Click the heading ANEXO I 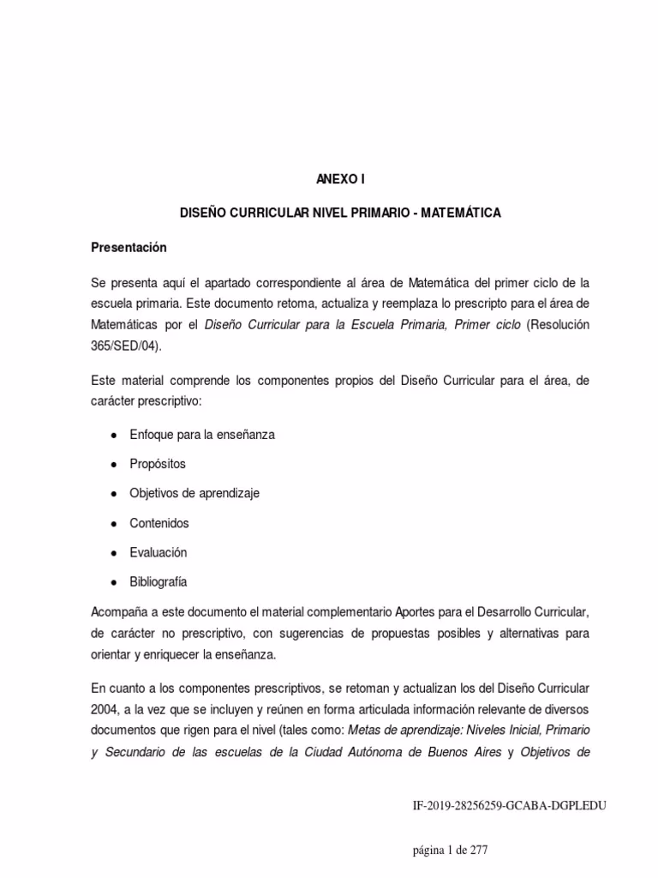click(x=329, y=180)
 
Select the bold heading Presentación click(x=129, y=248)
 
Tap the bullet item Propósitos click(x=158, y=464)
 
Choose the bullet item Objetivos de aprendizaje click(x=194, y=493)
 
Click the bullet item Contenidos click(x=159, y=523)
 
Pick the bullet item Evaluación click(x=158, y=552)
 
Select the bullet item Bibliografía click(x=159, y=581)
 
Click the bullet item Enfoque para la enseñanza click(x=202, y=435)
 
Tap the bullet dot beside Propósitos click(x=113, y=464)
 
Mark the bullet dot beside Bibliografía click(x=113, y=581)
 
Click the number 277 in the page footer click(x=478, y=850)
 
